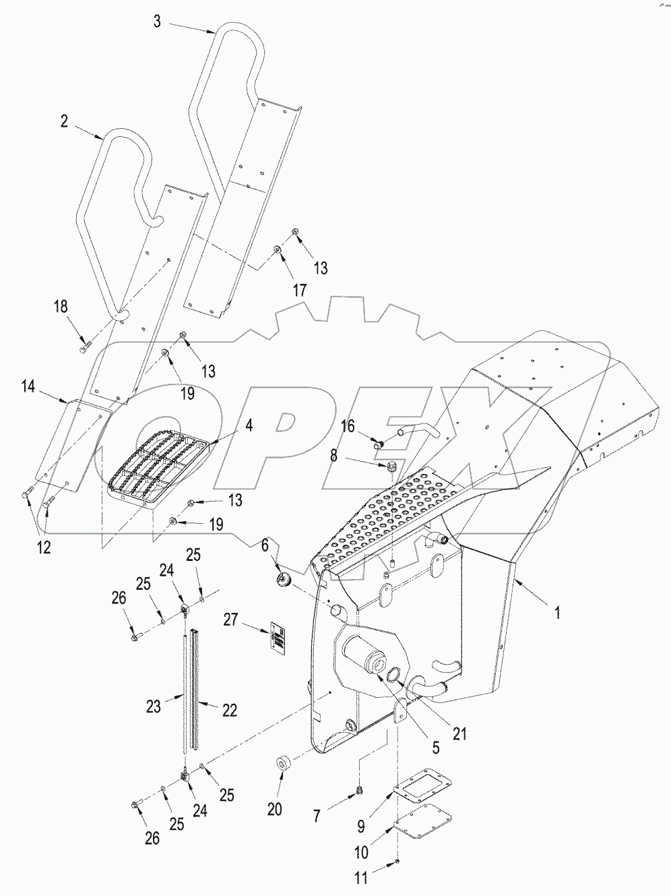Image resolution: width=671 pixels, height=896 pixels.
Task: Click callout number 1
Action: click(x=557, y=613)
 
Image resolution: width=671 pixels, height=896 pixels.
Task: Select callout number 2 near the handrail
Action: click(x=64, y=121)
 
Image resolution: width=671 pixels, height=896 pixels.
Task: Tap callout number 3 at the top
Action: click(x=157, y=22)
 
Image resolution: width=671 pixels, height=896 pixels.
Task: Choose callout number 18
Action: click(x=61, y=306)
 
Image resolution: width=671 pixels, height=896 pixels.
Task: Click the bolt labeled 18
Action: click(x=85, y=347)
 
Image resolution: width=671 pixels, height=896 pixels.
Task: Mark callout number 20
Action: click(x=274, y=810)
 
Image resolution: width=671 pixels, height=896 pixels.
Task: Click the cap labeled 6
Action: click(x=282, y=580)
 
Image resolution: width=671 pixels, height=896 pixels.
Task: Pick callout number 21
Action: click(x=460, y=733)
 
